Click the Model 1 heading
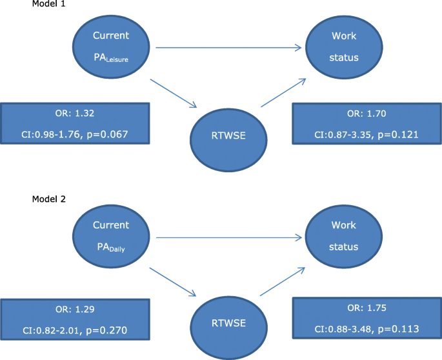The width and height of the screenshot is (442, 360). click(x=48, y=5)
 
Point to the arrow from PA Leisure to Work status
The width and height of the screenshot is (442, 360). click(x=229, y=47)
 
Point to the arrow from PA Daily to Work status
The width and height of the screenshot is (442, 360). click(x=229, y=239)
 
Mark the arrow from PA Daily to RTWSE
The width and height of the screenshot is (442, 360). click(x=172, y=281)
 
